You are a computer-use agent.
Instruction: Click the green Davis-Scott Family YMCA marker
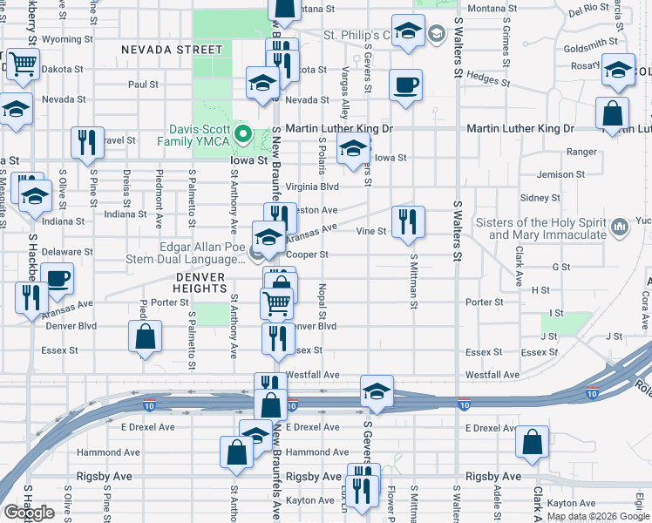click(x=246, y=135)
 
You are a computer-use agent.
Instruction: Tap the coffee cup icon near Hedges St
click(x=405, y=85)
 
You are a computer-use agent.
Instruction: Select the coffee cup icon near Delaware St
click(x=58, y=279)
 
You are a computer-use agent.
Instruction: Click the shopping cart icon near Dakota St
click(x=23, y=64)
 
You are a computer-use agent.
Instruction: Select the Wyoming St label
click(x=66, y=39)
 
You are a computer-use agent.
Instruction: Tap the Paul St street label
click(x=143, y=85)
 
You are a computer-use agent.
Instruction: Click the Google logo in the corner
click(x=28, y=513)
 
